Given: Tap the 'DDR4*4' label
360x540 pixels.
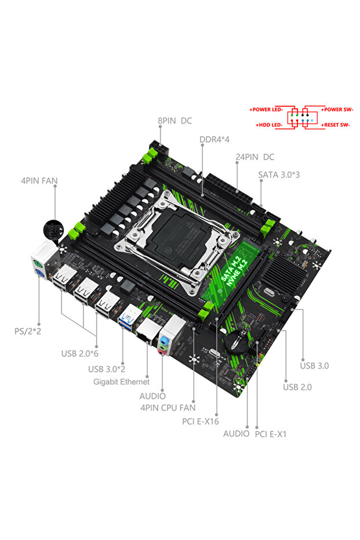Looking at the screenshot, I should point(214,140).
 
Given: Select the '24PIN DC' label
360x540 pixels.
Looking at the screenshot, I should point(255,157).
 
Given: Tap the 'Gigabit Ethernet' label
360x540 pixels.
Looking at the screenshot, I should point(121,382).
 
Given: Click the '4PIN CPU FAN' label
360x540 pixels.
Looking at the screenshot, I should point(167,408).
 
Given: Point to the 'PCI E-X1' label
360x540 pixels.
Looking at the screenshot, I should point(271,433).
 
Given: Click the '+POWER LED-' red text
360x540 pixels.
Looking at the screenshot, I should point(266,110).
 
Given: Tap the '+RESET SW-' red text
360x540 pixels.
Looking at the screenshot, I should point(336,125).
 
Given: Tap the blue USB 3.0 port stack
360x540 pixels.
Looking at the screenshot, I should point(128,317).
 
